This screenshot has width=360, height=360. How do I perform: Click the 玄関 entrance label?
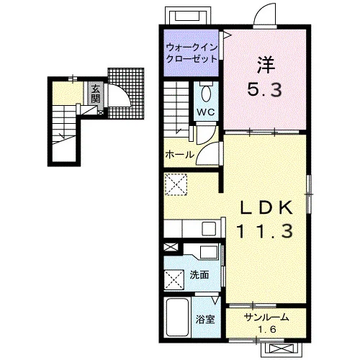tap(95, 94)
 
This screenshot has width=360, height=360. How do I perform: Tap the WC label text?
tap(206, 112)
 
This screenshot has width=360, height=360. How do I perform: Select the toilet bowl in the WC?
tap(206, 93)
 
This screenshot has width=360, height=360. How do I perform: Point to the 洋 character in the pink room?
tap(266, 65)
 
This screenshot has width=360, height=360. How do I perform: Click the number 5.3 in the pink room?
tap(264, 89)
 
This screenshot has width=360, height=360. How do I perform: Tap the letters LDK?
tap(266, 207)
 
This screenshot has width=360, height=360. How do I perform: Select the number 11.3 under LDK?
tap(265, 230)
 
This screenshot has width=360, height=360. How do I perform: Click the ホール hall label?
tap(180, 154)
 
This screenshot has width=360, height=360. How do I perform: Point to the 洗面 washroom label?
tap(199, 275)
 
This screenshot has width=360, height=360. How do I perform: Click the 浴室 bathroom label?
tap(205, 320)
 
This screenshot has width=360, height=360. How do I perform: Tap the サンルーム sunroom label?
tap(266, 318)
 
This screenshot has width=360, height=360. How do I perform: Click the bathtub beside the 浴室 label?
tap(177, 317)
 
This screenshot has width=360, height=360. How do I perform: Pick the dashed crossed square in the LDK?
tap(176, 184)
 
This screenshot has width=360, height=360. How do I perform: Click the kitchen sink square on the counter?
tap(209, 228)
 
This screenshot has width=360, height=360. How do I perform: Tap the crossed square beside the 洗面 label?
tap(174, 280)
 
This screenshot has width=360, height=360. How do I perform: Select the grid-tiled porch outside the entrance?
tap(126, 94)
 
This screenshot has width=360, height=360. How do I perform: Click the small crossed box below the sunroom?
tap(282, 348)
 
